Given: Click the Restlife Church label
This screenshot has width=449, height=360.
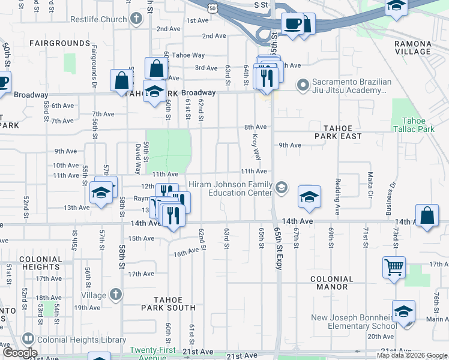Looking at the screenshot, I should tap(98, 19).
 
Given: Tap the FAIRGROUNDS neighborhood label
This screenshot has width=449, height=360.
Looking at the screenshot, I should tap(59, 44).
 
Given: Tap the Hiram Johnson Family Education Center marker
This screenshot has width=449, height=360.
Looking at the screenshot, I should tap(280, 188).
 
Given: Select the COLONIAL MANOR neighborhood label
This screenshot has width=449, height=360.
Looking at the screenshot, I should tap(332, 283).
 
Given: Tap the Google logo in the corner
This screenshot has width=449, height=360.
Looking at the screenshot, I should tap(20, 353).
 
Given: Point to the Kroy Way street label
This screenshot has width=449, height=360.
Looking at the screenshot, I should tap(256, 147).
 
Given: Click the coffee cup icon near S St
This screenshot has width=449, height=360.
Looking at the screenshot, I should tap(293, 24).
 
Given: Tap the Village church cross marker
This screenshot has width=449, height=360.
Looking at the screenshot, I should tap(116, 295).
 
